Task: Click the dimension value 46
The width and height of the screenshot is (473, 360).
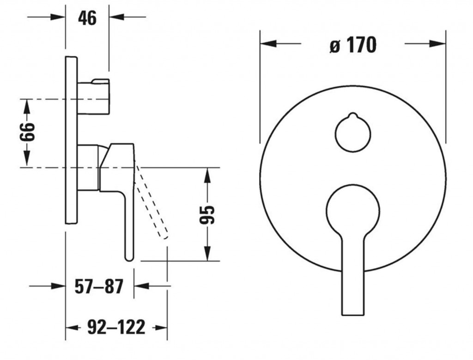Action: [x=87, y=18]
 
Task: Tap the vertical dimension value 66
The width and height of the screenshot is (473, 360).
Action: [x=27, y=132]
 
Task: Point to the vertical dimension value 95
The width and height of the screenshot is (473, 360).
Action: [x=207, y=214]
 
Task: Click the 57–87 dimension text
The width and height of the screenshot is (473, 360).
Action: [x=99, y=287]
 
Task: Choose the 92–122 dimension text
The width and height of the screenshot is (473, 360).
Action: [x=116, y=327]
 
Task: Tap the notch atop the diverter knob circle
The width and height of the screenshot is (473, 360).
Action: [x=352, y=115]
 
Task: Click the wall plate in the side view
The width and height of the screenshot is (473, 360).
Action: [x=71, y=140]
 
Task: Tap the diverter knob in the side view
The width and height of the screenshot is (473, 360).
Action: [x=93, y=97]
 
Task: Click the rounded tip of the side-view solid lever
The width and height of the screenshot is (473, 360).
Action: [x=129, y=257]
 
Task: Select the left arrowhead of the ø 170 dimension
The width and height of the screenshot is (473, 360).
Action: [x=268, y=43]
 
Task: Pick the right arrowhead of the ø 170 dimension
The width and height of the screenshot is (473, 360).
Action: [x=437, y=43]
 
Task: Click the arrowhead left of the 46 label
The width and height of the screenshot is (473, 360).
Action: [x=58, y=17]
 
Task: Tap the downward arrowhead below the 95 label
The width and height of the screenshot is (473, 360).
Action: [x=207, y=253]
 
